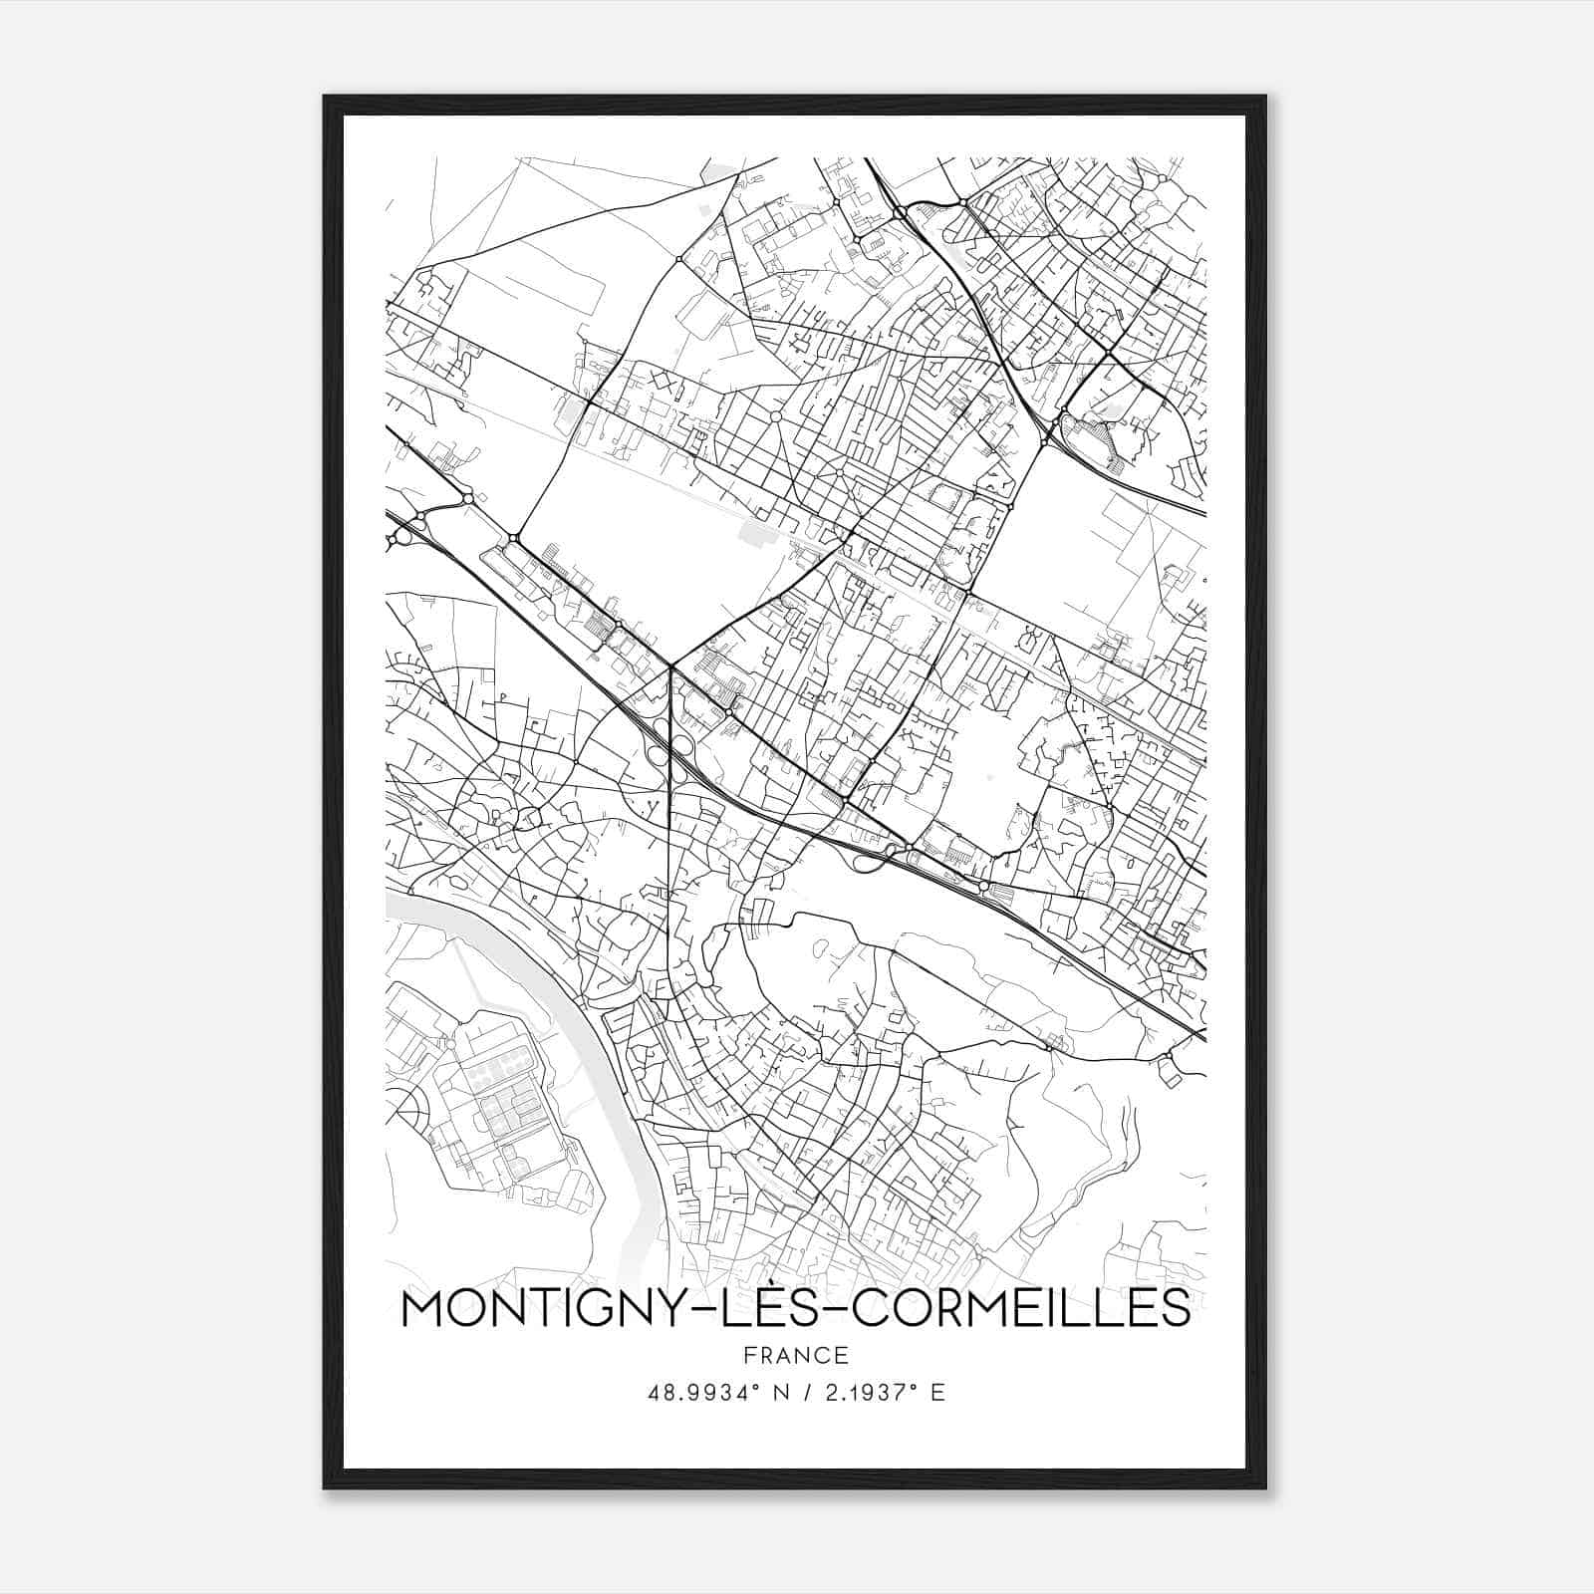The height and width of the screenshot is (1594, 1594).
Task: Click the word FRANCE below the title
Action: coord(796,1356)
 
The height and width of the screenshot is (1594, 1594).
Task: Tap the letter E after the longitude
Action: coord(936,1393)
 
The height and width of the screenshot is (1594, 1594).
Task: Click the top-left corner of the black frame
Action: coord(326,98)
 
